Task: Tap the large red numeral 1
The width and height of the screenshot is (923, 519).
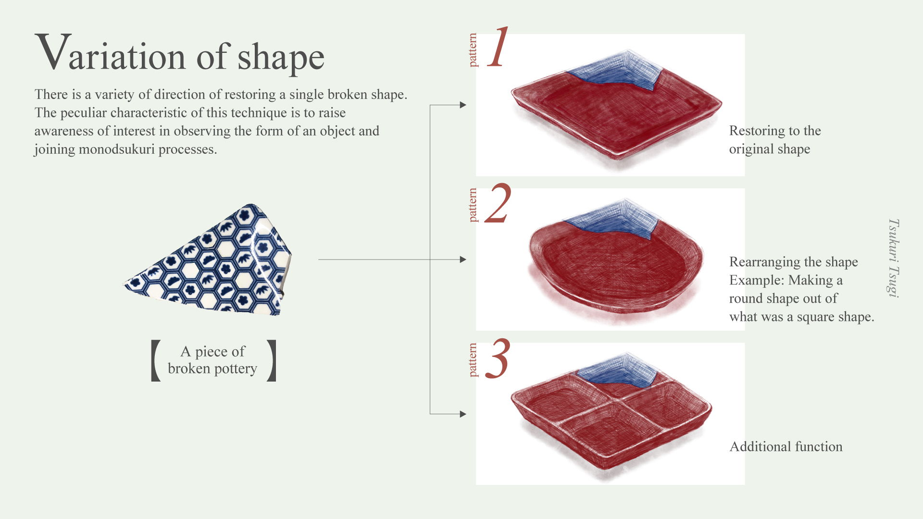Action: (498, 47)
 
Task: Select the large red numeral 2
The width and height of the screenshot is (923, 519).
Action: (498, 203)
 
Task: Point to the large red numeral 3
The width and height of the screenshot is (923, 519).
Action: (498, 358)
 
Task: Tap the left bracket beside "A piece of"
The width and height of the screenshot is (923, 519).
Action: (156, 360)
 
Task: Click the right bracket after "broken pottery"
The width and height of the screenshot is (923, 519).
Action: (272, 360)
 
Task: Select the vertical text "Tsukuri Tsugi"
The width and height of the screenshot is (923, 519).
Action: (893, 258)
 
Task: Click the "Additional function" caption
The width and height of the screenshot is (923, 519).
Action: (786, 446)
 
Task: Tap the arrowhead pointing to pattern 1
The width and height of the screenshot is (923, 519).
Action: (463, 105)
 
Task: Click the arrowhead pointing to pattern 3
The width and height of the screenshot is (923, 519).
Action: (463, 414)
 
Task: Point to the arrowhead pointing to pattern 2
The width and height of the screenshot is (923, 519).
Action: (463, 259)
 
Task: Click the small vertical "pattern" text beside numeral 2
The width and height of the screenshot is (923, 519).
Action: (473, 205)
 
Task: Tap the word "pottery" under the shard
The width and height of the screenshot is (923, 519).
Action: (236, 369)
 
